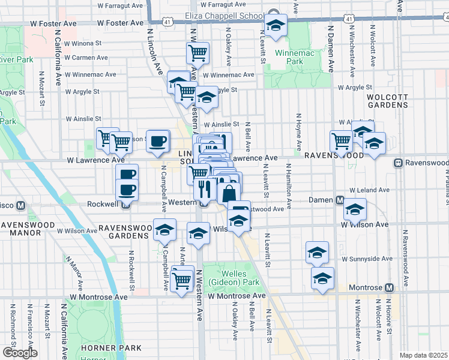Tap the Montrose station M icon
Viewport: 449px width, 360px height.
(x=389, y=288)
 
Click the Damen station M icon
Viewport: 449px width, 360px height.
(x=339, y=200)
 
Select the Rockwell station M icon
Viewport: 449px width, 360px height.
(x=126, y=204)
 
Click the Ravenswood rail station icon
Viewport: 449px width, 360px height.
(x=398, y=163)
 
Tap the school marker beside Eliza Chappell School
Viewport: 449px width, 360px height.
(x=276, y=25)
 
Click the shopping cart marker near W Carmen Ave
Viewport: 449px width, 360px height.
(x=197, y=53)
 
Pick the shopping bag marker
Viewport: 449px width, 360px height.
(x=229, y=193)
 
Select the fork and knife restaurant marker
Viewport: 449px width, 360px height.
(x=205, y=189)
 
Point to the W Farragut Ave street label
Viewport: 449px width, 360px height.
(x=123, y=5)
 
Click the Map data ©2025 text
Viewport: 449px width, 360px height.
(x=423, y=355)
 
